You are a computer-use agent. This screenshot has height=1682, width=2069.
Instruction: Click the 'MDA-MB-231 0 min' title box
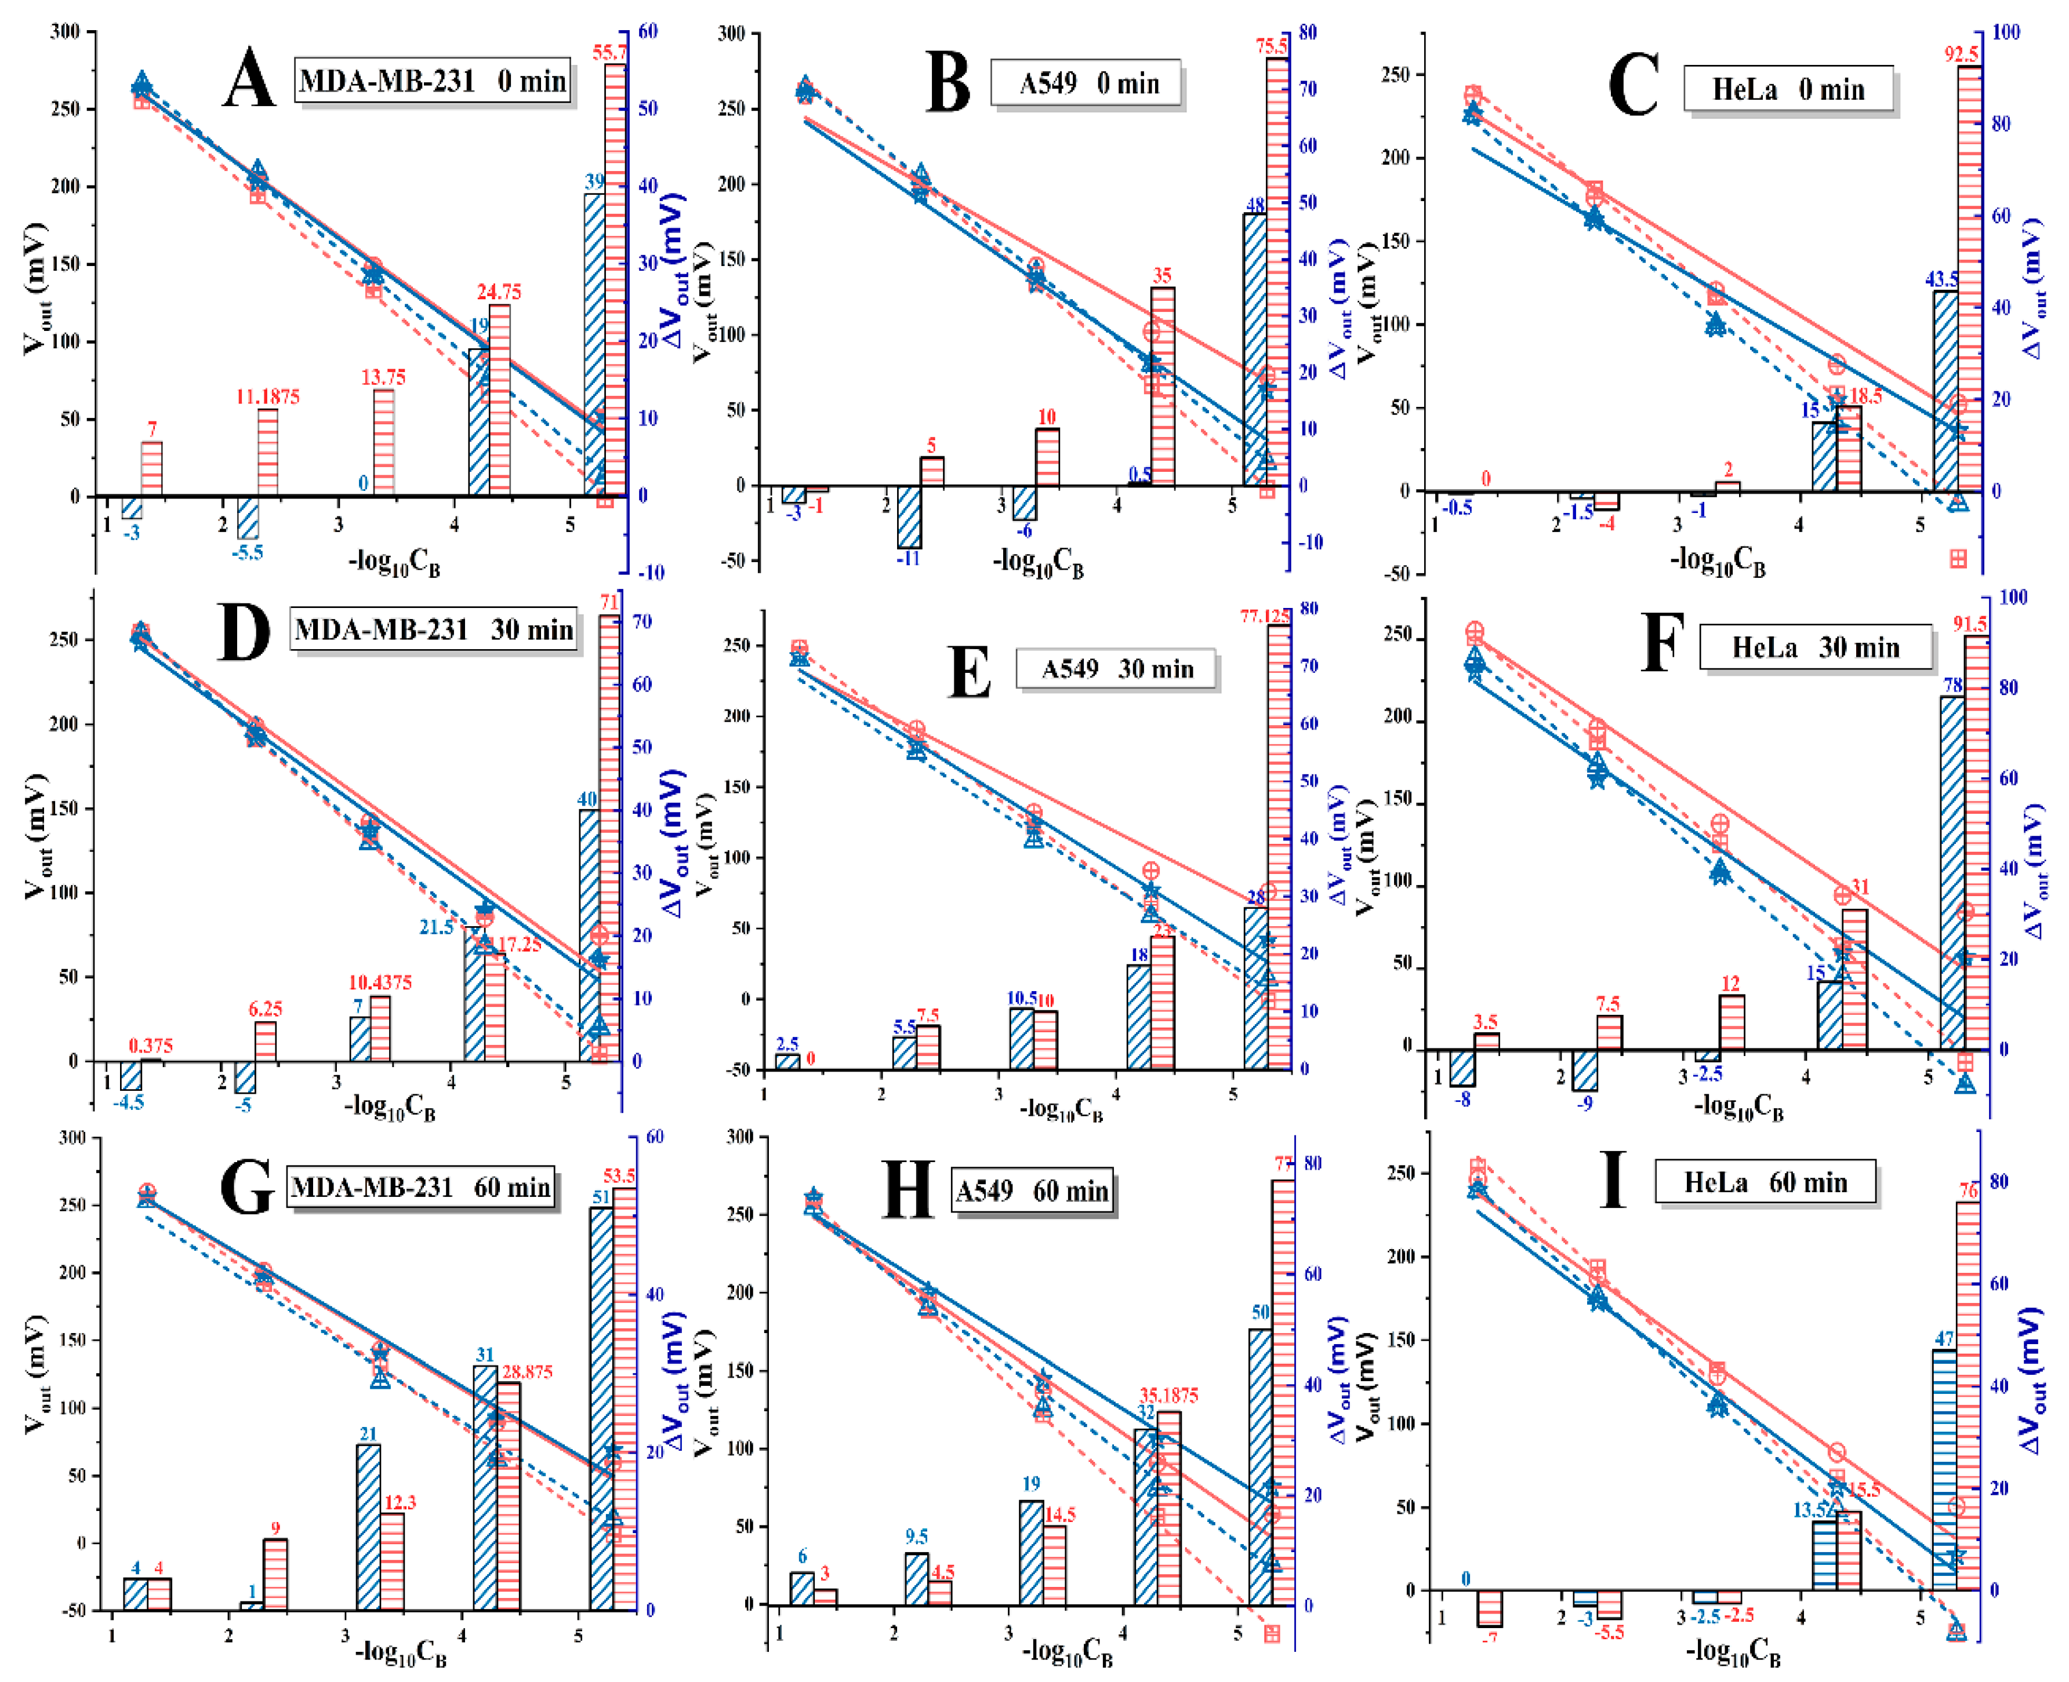tap(432, 81)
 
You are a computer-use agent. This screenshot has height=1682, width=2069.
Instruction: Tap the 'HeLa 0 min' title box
tap(1788, 90)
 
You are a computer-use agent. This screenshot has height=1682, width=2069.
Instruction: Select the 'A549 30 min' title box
tap(1116, 668)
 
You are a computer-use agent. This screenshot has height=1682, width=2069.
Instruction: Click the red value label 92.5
tap(1961, 54)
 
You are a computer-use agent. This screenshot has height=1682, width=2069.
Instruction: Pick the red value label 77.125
tap(1265, 616)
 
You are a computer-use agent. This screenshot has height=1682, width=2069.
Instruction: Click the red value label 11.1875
tap(267, 396)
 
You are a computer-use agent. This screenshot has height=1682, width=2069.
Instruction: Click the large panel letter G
tap(247, 1188)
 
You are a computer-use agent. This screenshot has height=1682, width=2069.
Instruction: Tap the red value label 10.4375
tap(380, 982)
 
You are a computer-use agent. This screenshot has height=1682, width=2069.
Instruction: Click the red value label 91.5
tap(1970, 625)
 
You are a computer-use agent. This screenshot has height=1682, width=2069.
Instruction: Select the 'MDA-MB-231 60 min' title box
tap(420, 1188)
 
